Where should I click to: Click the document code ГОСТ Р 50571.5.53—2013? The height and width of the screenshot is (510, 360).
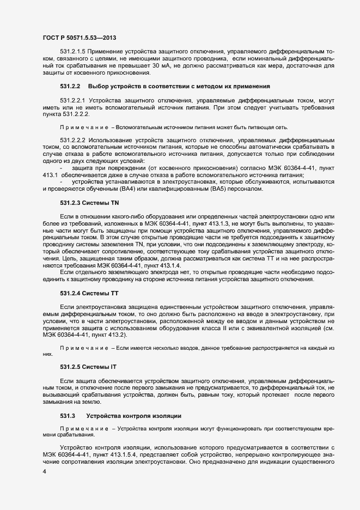pos(78,37)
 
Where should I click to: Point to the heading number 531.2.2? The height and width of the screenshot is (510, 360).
pos(70,87)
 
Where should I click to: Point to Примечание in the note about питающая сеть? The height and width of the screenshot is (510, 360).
pos(84,126)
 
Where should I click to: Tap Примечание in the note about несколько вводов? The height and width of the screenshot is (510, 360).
pos(84,347)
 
